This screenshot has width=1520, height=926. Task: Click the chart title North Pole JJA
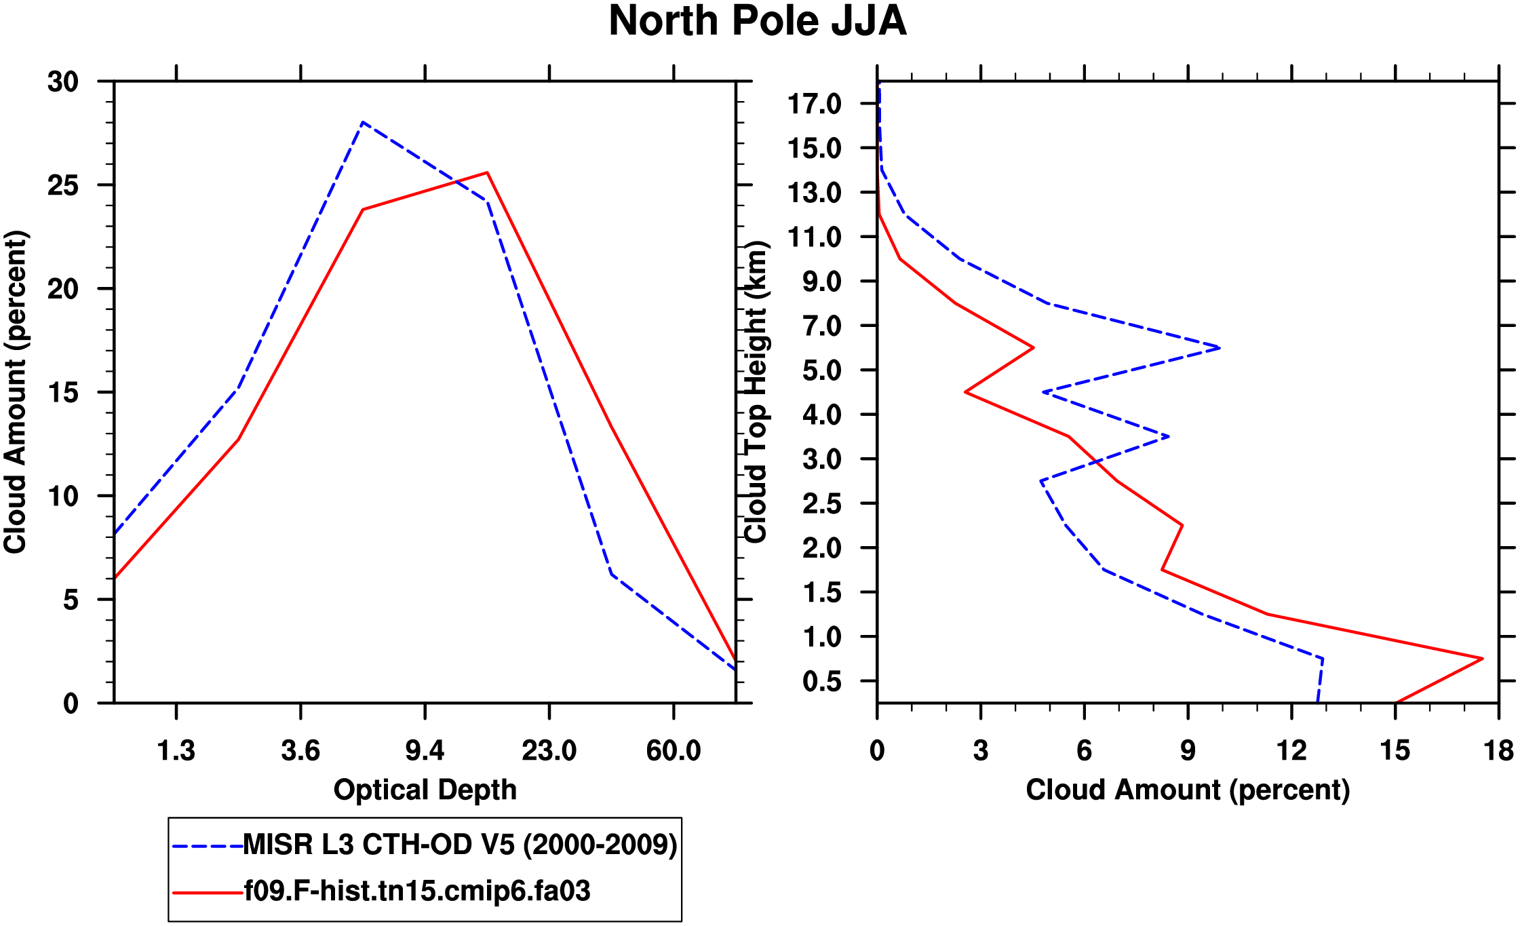coord(757,22)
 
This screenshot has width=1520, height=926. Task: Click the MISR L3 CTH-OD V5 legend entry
coord(460,845)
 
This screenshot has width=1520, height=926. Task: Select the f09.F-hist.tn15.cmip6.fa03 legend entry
coord(416,891)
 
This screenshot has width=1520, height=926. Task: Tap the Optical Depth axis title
coord(425,790)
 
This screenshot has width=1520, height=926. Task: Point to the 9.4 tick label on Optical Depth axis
coord(425,751)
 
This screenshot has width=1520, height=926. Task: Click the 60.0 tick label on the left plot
coord(673,751)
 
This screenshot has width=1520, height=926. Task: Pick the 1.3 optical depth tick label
coord(176,751)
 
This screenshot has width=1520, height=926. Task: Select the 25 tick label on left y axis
coord(63,186)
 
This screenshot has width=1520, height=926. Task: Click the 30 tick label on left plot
coord(63,82)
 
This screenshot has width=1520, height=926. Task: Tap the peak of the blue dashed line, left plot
coord(364,122)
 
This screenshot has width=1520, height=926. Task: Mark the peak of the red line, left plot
coord(487,173)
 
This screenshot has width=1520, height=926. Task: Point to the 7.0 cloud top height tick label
coord(821,326)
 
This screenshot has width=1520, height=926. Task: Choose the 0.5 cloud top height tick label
coord(821,682)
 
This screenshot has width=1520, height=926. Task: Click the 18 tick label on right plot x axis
coord(1498,751)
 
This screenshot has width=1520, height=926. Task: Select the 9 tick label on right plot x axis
coord(1188,751)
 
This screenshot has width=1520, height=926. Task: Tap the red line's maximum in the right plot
coord(1483,658)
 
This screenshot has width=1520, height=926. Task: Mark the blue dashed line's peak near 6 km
coord(1220,348)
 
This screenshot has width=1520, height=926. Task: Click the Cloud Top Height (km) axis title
coord(756,392)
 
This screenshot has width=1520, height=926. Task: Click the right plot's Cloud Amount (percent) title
coord(1187,790)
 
